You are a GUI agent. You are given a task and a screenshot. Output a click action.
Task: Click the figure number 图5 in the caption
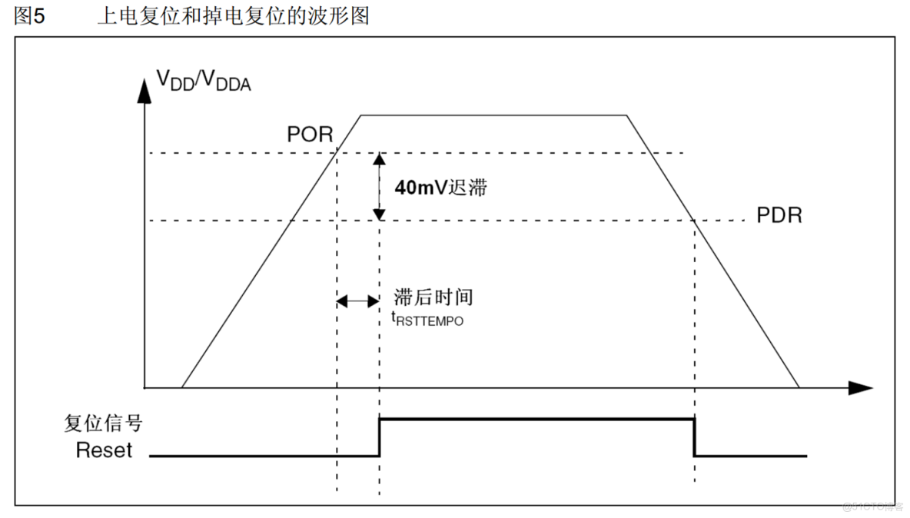pos(30,17)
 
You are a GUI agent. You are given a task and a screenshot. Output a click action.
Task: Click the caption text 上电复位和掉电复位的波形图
pos(233,16)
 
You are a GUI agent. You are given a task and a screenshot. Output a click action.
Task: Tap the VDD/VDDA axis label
pos(204,80)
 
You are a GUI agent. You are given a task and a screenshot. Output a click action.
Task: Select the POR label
pos(310,134)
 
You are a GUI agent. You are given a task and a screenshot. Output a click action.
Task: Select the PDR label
pos(779,215)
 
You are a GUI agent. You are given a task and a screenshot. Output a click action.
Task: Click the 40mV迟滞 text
pos(440,188)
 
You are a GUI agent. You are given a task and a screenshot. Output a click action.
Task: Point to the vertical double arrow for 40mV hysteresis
pos(379,187)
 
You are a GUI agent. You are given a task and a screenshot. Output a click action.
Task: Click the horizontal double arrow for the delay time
pos(358,302)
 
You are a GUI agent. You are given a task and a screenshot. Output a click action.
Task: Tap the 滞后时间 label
pos(433,297)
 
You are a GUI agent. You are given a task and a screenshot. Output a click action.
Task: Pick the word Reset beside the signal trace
pos(104,450)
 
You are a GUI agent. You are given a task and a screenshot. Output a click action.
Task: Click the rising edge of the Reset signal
pos(379,437)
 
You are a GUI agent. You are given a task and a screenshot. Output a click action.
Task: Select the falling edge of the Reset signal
pos(695,437)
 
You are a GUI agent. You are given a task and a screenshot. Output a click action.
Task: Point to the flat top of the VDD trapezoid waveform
pos(493,115)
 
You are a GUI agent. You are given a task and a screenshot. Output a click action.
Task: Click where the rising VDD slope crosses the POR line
pos(337,153)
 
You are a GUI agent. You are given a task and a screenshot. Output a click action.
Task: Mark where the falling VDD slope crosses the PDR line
pos(695,221)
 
